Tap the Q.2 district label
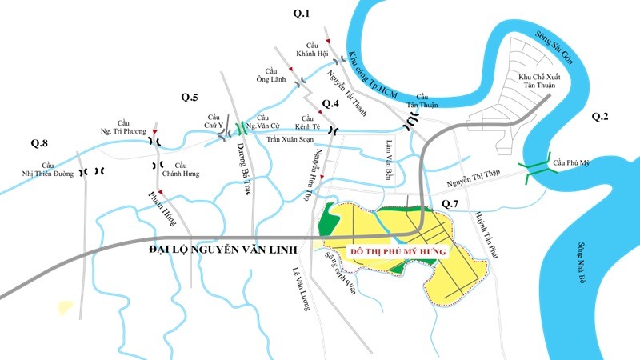600,118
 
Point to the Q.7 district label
452,205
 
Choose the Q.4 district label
331,104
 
